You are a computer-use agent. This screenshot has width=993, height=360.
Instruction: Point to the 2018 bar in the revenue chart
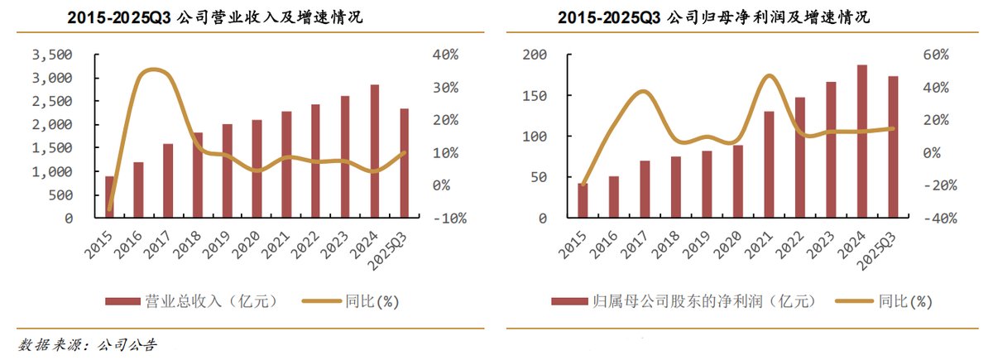pyautogui.click(x=198, y=175)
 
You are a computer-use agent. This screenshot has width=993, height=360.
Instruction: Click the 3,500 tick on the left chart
pyautogui.click(x=52, y=55)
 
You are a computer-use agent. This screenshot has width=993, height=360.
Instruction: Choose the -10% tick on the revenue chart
pyautogui.click(x=448, y=218)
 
